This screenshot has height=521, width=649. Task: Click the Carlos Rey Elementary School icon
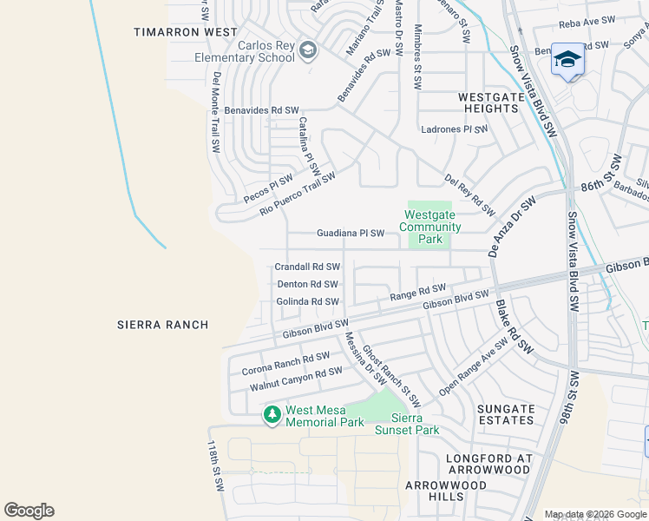307,51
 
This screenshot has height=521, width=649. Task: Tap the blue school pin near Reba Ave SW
567,60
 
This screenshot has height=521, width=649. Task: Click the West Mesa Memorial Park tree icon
272,416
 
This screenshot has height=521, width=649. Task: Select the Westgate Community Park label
424,227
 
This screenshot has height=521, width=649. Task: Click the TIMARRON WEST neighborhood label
186,32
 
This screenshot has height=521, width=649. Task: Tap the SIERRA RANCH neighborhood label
163,325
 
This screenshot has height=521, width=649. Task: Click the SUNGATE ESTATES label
506,414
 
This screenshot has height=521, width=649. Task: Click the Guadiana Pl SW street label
350,234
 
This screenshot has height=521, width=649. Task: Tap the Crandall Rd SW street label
307,267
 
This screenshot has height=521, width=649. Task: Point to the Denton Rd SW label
307,284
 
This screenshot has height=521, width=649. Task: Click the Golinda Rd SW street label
307,301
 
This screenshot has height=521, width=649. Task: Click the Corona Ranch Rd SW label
285,363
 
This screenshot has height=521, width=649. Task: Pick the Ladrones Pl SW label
453,129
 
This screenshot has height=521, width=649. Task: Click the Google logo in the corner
29,511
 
